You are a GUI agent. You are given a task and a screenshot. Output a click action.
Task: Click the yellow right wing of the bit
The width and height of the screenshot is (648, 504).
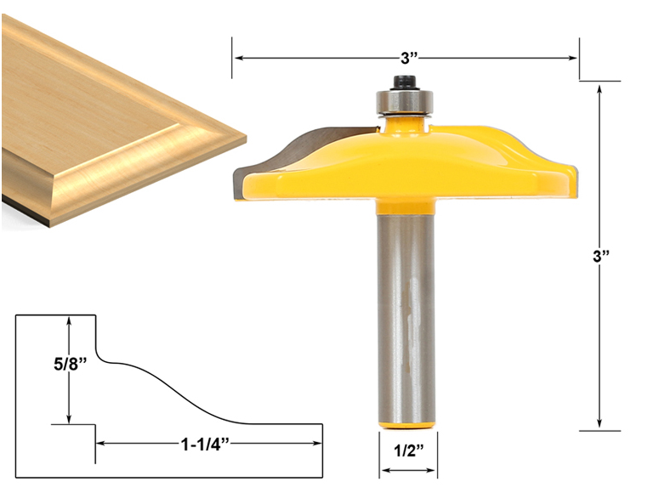pos(510,161)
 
